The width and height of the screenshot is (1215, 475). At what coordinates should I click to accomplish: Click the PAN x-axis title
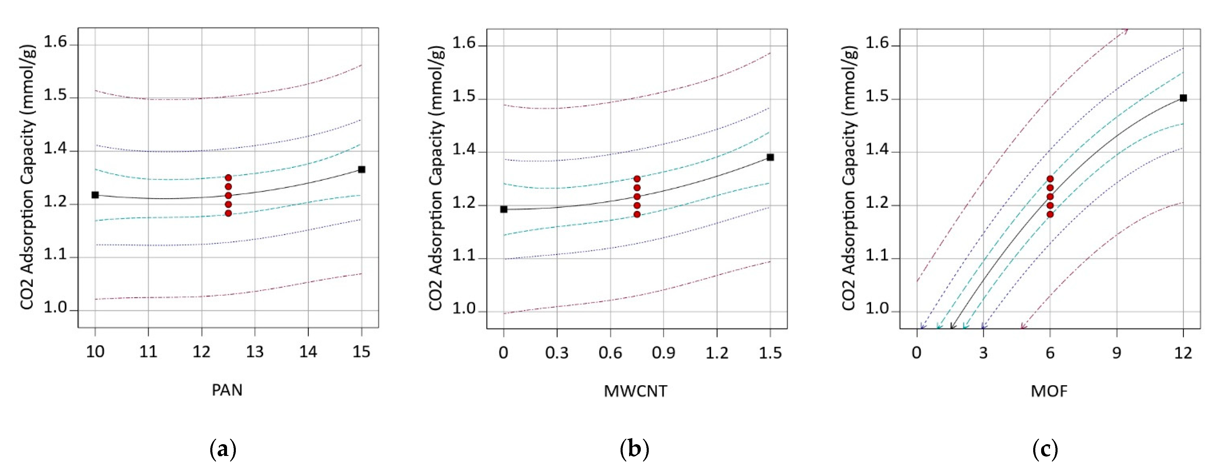(227, 390)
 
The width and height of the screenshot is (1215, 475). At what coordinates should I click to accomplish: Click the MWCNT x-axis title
(635, 391)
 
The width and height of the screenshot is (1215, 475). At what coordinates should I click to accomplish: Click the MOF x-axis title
(1049, 391)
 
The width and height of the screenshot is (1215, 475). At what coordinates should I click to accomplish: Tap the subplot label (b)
(634, 449)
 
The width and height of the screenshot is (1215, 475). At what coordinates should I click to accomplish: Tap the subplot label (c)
(1045, 449)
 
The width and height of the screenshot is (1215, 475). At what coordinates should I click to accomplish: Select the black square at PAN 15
(362, 170)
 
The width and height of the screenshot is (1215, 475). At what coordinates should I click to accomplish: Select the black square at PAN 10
(95, 195)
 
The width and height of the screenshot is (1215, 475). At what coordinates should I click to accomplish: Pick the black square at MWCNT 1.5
(770, 157)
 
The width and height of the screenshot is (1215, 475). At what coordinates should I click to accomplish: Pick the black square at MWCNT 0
(504, 209)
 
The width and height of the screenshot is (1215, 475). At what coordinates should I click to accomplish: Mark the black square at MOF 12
(1183, 98)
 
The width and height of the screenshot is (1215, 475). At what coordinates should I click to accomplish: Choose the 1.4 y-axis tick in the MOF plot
(877, 150)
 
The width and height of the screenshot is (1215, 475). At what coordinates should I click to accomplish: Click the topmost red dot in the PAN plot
(228, 178)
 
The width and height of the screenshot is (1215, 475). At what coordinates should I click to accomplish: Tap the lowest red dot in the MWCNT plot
(637, 214)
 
